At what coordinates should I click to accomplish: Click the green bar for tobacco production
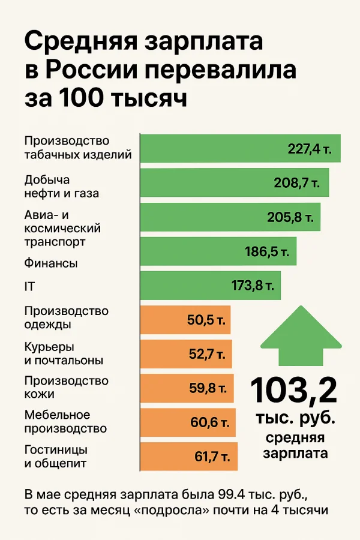point(240,148)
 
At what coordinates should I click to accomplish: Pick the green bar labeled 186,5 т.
point(218,251)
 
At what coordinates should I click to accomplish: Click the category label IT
point(29,287)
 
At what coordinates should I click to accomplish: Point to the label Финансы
point(51,263)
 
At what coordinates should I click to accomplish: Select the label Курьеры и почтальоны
point(64,354)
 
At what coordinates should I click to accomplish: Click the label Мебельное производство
point(65,422)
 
